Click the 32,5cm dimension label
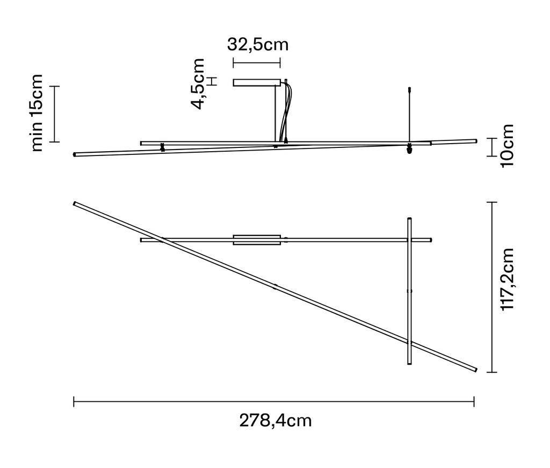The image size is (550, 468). click(x=257, y=44)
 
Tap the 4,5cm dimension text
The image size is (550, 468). click(x=198, y=84)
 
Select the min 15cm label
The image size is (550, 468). click(x=37, y=113)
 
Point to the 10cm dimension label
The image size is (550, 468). click(x=506, y=146)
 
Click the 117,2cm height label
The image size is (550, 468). click(x=508, y=280)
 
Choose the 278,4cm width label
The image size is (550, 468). click(x=275, y=421)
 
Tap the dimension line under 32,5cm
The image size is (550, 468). click(x=256, y=63)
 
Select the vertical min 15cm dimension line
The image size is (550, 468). click(x=55, y=114)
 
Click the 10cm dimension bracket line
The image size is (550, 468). click(x=490, y=147)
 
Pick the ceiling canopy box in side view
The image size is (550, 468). click(x=256, y=82)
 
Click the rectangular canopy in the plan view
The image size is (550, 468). click(x=257, y=240)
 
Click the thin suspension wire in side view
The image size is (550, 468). click(x=409, y=116)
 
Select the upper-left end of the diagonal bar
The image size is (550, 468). click(x=76, y=204)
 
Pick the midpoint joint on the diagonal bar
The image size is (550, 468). click(x=275, y=287)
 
